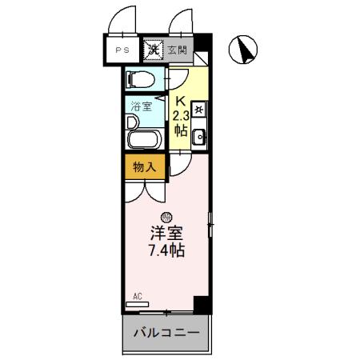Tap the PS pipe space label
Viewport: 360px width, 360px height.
click(121, 50)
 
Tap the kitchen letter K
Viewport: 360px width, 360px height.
click(180, 102)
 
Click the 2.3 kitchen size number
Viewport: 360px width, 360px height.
click(181, 117)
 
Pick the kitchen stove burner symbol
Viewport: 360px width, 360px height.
click(199, 110)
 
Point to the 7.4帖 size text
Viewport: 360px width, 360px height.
click(166, 250)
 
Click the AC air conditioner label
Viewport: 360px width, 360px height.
click(137, 296)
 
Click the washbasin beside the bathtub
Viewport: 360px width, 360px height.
click(132, 122)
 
